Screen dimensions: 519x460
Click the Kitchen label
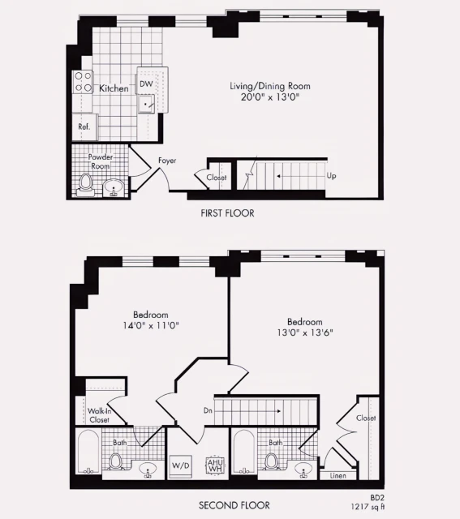(x=114, y=88)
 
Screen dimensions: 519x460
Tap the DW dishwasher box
(x=147, y=83)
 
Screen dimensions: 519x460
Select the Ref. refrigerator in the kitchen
(x=84, y=127)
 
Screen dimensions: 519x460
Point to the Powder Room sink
(x=114, y=187)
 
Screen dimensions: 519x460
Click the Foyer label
(x=167, y=161)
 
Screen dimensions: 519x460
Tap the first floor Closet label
(x=217, y=178)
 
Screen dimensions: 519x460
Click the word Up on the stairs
(x=330, y=175)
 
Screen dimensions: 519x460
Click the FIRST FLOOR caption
(x=227, y=213)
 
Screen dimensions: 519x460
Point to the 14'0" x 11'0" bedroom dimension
(x=150, y=326)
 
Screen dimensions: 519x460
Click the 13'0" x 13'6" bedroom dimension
(x=304, y=332)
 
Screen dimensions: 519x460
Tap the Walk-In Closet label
(x=99, y=415)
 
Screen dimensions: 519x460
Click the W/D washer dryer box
(x=179, y=466)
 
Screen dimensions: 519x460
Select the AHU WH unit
(x=215, y=465)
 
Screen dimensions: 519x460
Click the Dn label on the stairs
(x=208, y=411)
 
